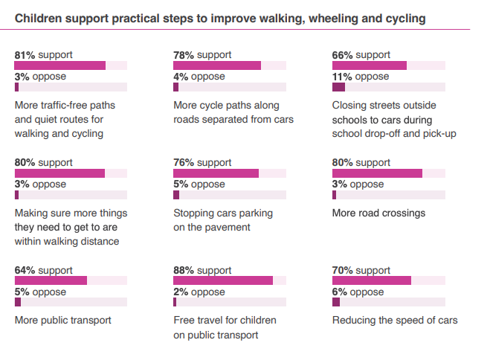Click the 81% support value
coord(25,55)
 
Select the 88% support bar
coord(223,281)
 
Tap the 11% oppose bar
coord(338,87)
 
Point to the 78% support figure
coord(184,55)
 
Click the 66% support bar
coord(369,65)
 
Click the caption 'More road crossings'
coord(378,213)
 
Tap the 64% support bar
coord(51,281)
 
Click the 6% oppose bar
coord(336,303)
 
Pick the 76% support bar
coord(216,173)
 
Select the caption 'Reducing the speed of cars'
coord(394,321)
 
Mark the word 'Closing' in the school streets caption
coord(350,106)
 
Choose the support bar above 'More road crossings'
coord(377,173)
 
